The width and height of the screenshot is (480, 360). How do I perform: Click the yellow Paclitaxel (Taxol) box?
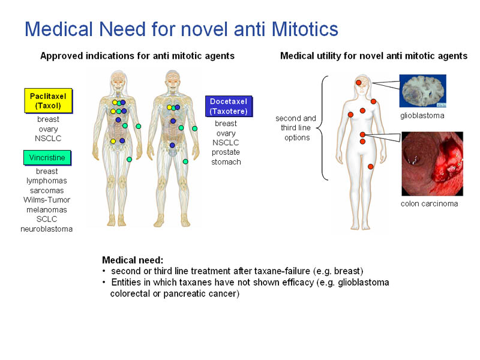click(x=49, y=101)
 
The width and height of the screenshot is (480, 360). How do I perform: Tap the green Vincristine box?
click(x=47, y=158)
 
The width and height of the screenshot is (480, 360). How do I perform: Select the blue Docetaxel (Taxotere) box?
click(x=229, y=106)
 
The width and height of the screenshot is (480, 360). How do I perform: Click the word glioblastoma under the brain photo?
click(x=422, y=116)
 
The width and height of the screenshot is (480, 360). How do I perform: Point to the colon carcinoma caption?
click(x=429, y=203)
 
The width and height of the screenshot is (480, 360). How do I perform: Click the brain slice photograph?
click(x=423, y=91)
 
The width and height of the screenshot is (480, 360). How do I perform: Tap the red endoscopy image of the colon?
click(x=432, y=164)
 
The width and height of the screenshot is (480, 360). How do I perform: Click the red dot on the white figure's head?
click(x=358, y=82)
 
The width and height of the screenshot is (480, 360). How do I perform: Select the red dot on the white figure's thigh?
click(x=370, y=167)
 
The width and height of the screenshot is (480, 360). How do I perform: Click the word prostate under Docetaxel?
click(x=226, y=152)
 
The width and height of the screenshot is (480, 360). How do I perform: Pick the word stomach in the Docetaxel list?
click(x=226, y=162)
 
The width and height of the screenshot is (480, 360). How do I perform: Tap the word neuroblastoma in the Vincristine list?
click(x=47, y=229)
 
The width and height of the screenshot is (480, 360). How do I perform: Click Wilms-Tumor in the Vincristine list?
click(x=47, y=200)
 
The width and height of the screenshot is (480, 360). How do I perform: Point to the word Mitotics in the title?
click(x=305, y=29)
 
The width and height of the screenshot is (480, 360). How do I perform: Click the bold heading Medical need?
click(x=133, y=260)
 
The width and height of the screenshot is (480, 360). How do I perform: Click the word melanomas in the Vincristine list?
click(x=47, y=209)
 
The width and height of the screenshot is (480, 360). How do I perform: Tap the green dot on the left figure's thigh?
click(x=129, y=160)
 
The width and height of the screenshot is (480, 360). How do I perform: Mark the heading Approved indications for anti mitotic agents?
click(x=137, y=56)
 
